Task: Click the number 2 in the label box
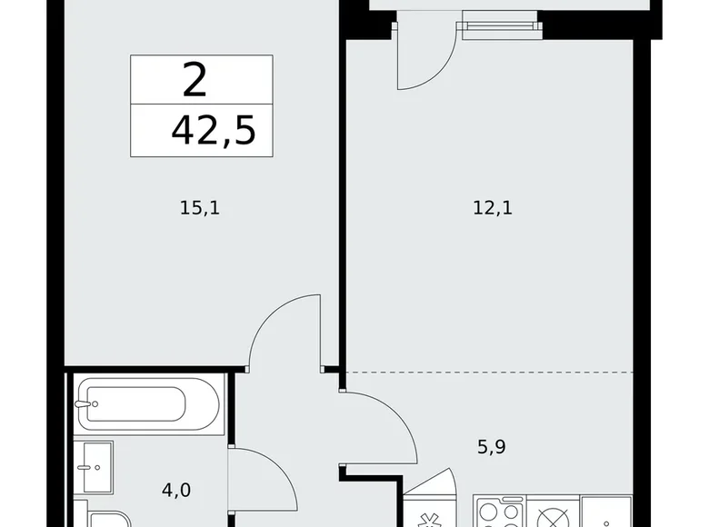pos(195,81)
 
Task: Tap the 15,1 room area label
pos(200,208)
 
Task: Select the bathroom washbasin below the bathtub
pos(93,467)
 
